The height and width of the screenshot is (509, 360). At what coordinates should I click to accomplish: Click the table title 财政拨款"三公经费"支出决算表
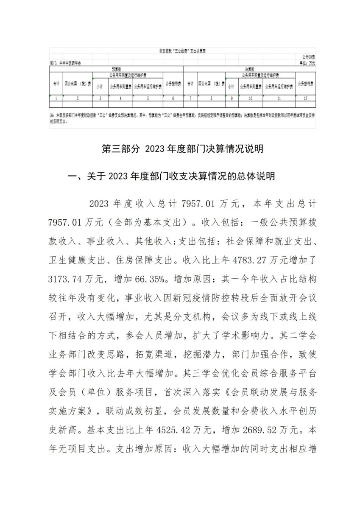[x=182, y=51]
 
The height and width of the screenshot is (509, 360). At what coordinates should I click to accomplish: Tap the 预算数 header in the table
[x=116, y=69]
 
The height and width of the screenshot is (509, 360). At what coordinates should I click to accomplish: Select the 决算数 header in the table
[x=249, y=69]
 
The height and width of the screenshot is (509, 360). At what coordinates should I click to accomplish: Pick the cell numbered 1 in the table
[x=56, y=98]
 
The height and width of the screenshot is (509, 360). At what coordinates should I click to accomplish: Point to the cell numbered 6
[x=173, y=98]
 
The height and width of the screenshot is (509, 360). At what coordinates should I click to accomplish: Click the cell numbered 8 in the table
[x=211, y=98]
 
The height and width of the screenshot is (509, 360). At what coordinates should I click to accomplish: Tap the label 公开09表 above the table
[x=308, y=56]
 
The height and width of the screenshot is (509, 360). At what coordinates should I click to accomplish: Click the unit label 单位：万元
[x=307, y=62]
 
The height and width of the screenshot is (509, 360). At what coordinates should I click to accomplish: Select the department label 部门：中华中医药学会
[x=65, y=62]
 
